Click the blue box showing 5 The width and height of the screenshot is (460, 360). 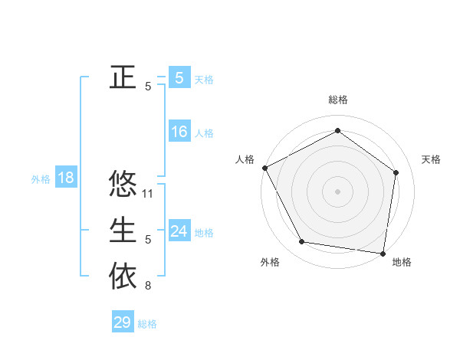click(x=179, y=78)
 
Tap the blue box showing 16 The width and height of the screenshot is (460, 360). click(x=179, y=132)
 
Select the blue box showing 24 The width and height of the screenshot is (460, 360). click(x=179, y=231)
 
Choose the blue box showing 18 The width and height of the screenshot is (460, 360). click(x=66, y=178)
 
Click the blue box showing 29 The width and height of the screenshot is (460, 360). click(x=123, y=322)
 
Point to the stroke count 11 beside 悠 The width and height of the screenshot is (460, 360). click(x=149, y=195)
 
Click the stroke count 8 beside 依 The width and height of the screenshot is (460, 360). click(x=148, y=286)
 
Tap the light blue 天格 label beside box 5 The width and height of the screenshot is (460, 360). click(x=204, y=80)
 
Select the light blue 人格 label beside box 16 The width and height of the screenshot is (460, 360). click(x=204, y=133)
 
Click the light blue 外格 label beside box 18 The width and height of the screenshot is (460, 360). click(x=41, y=180)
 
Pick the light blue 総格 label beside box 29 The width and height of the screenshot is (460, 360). click(x=147, y=324)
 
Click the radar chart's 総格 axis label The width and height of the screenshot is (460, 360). click(x=337, y=100)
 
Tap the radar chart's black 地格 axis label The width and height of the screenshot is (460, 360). click(x=402, y=262)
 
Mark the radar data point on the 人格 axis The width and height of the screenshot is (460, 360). click(x=264, y=168)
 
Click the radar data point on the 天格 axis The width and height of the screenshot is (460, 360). click(x=396, y=172)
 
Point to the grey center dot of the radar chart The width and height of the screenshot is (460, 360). click(x=337, y=191)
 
